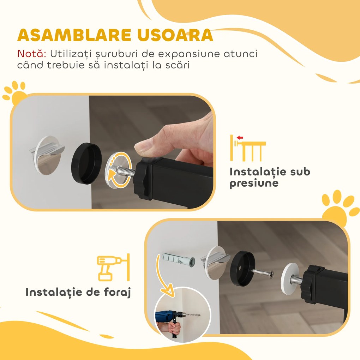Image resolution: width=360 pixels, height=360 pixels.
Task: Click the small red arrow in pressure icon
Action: [240, 138]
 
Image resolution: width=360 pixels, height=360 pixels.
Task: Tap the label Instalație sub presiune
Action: [270, 178]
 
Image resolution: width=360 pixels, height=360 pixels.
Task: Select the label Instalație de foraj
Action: [78, 292]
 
